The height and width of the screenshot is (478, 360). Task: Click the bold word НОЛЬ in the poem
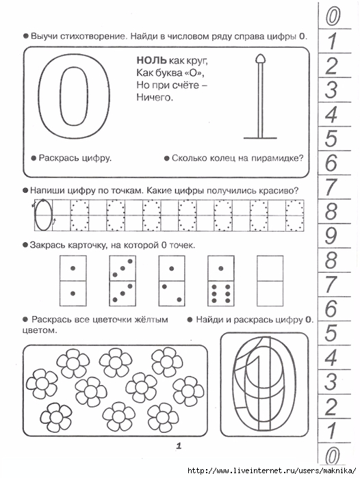tap(152, 60)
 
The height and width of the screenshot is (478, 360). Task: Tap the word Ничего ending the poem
tap(155, 97)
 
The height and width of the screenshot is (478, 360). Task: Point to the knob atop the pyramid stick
tap(261, 58)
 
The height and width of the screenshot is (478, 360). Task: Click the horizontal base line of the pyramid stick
tap(260, 138)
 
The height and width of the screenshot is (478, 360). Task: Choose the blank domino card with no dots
tap(270, 280)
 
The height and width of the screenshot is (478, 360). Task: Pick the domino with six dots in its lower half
tap(221, 280)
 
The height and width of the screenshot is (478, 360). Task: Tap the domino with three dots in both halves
tap(123, 280)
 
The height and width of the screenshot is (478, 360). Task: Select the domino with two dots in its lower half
tap(172, 280)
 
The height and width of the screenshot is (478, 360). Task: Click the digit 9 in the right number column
tap(331, 236)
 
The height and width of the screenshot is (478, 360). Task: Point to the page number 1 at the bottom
tap(179, 446)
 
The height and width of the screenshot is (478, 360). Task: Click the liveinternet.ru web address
tap(272, 470)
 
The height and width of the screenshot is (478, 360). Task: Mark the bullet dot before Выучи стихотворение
tap(26, 36)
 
